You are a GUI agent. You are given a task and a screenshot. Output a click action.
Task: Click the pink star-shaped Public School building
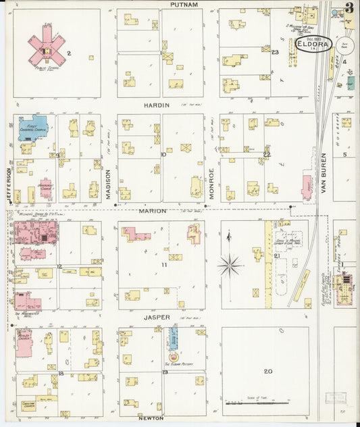point(45,45)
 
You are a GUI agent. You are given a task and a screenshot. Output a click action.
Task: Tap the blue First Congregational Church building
point(32,128)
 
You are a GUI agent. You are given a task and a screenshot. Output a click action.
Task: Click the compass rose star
point(230,265)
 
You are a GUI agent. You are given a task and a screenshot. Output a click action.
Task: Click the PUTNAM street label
point(184,5)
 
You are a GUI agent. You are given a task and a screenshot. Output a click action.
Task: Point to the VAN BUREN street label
point(324,178)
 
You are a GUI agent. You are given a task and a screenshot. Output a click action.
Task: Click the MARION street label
point(153,211)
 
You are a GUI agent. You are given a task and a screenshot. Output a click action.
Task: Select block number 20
point(268,370)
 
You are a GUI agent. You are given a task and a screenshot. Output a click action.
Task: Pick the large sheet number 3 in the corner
point(349,9)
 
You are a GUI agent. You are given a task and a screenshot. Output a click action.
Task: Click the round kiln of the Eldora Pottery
point(172,356)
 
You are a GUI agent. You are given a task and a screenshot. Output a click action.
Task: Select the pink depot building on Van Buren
point(307,188)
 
